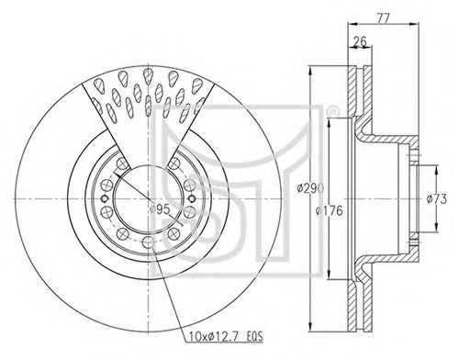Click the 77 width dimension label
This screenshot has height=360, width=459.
click(383, 18)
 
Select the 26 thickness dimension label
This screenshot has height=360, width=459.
click(360, 41)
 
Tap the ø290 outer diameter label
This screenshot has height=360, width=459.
click(310, 187)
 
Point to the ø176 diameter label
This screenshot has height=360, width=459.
click(329, 210)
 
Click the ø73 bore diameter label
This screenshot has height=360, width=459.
click(437, 199)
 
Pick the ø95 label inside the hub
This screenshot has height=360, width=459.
click(161, 209)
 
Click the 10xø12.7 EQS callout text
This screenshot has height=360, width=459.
click(224, 337)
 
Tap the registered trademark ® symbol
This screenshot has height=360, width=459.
click(331, 111)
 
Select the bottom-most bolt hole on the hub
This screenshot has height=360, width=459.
click(149, 242)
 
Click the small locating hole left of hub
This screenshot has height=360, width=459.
click(105, 198)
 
